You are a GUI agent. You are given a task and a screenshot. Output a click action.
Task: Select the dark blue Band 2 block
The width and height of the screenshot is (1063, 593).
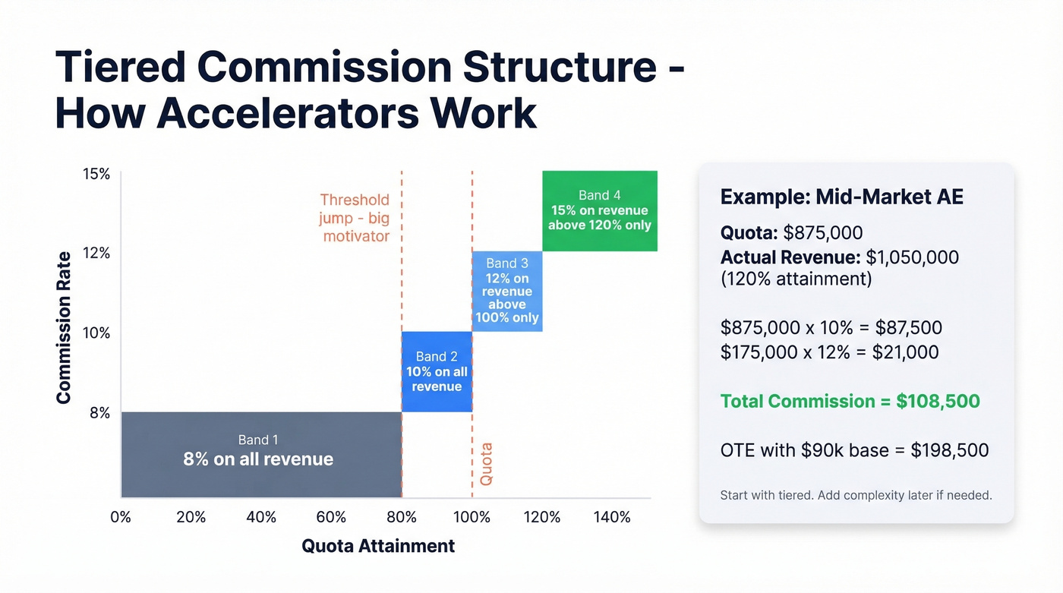[437, 372]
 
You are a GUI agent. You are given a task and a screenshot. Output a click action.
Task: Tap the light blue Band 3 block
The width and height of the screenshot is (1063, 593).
[506, 291]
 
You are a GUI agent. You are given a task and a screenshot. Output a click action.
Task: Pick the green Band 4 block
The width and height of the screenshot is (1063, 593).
[600, 211]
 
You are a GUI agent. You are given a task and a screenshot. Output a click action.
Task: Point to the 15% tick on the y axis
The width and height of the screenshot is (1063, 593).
[96, 174]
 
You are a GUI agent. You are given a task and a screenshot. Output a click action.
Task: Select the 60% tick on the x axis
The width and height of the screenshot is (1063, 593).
[331, 517]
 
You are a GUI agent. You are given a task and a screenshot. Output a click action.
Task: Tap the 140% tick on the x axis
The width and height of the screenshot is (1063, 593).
[612, 517]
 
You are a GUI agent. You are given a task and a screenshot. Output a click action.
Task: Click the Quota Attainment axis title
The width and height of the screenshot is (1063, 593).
[378, 545]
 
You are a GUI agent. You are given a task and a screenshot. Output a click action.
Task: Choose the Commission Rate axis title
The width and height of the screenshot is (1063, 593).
[63, 327]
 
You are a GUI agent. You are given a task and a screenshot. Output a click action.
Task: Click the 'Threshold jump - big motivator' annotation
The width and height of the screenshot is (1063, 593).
[355, 218]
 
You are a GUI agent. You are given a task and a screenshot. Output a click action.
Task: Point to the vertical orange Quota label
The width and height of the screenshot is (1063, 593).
[486, 464]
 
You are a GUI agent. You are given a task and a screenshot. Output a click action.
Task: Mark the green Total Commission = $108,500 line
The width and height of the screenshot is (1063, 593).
[850, 401]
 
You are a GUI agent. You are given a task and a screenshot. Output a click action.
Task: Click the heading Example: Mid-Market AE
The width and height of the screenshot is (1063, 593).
[841, 197]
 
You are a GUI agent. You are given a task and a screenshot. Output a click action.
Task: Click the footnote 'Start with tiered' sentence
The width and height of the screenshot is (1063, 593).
[856, 495]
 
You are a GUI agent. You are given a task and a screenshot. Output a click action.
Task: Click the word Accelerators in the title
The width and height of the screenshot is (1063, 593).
[287, 113]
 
